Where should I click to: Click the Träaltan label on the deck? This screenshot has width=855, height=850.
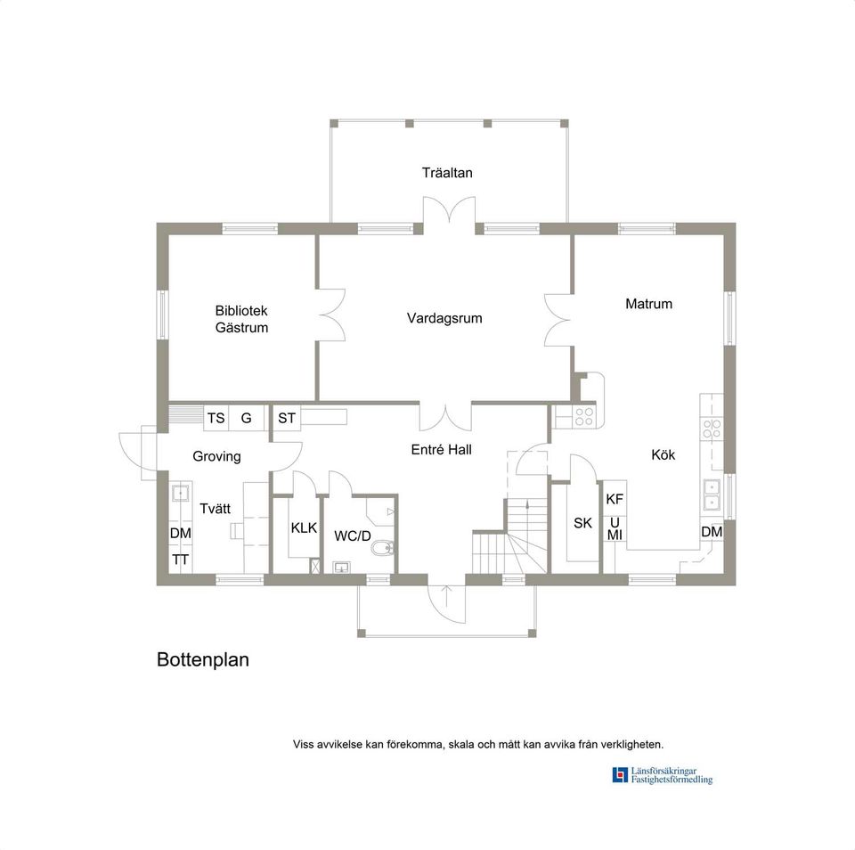point(447,173)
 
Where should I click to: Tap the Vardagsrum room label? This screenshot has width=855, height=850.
point(444,318)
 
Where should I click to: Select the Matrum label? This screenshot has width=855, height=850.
point(648,304)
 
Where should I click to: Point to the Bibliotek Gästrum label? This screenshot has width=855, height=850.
point(241,319)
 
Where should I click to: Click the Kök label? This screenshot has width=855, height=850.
point(663,455)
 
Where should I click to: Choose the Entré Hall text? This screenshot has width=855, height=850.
point(441,450)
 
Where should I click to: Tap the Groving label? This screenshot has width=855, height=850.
point(216,456)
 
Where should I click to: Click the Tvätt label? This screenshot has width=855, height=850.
point(216,509)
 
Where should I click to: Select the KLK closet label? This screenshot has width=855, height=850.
point(304,527)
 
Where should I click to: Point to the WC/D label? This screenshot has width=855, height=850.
point(352,536)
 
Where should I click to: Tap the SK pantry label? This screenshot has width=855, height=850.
point(582,523)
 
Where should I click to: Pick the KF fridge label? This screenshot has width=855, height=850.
point(615,500)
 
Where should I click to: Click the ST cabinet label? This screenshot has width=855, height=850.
point(287,418)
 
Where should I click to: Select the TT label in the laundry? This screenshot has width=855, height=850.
point(181,560)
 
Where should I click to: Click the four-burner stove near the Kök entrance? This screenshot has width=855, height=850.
point(584,414)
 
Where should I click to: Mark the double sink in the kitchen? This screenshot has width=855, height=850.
point(712,494)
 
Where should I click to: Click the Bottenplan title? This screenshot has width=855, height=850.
point(203,660)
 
